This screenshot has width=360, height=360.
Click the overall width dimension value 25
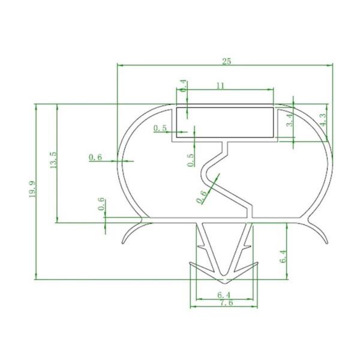tap(226, 61)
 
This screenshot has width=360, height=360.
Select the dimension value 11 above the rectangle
tap(220, 86)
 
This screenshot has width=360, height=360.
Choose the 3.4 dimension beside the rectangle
tap(289, 120)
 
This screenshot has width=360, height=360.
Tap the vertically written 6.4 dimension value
tap(283, 258)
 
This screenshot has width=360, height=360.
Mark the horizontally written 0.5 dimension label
tap(160, 128)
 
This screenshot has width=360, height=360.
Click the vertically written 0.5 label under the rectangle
tap(191, 160)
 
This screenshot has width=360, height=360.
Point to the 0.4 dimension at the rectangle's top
tap(184, 86)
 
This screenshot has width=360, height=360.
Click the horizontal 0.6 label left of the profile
tap(95, 157)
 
